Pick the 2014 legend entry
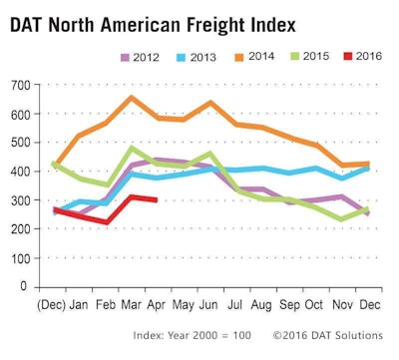click(261, 59)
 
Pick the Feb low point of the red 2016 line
click(106, 222)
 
